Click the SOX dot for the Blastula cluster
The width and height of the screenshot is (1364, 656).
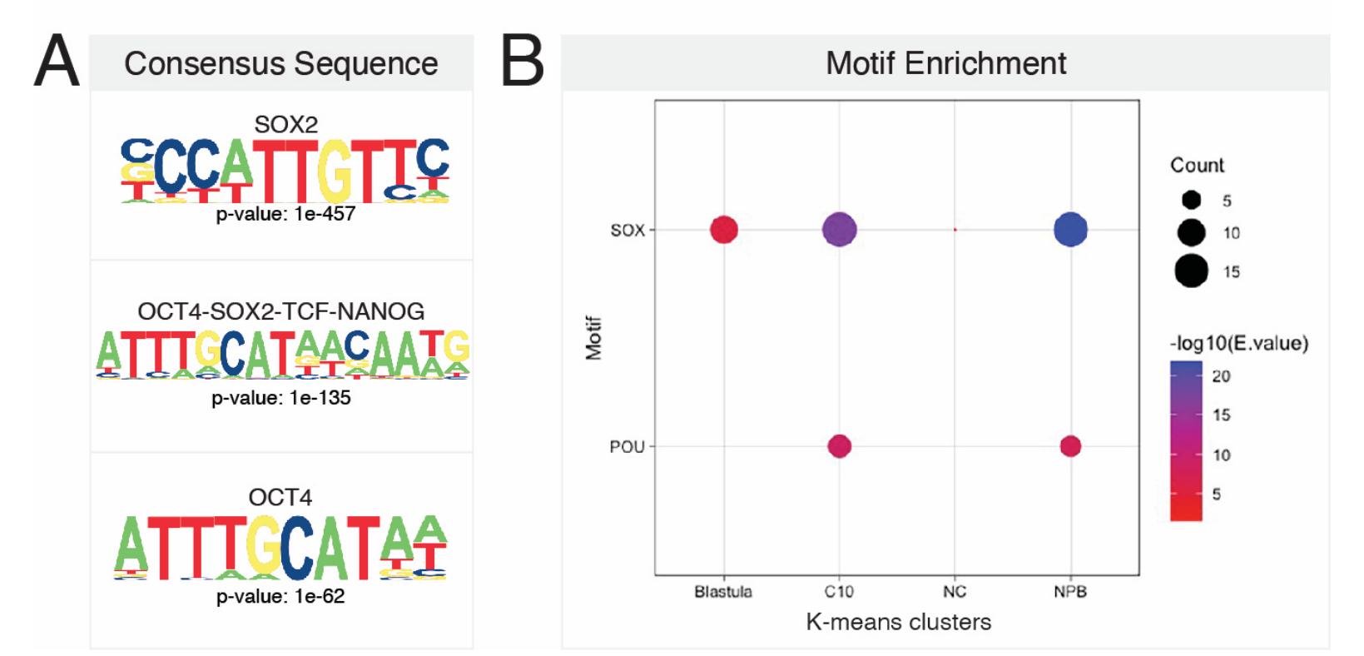[x=723, y=230]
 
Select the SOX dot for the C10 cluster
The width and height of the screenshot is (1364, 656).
[x=839, y=230]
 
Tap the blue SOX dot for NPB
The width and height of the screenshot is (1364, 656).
[x=1070, y=230]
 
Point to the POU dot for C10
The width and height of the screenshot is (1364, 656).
[x=839, y=446]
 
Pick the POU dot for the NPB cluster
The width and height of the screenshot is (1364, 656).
[x=1070, y=446]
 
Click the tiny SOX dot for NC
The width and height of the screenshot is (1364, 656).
[x=955, y=230]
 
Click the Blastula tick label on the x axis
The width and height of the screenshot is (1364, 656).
[x=723, y=592]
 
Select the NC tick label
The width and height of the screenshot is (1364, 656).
[x=955, y=592]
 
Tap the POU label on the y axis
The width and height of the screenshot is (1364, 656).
[x=627, y=447]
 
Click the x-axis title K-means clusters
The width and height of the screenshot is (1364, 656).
[x=898, y=622]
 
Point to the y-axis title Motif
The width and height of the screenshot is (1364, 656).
[x=593, y=338]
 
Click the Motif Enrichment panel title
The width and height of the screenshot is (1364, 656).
[x=945, y=63]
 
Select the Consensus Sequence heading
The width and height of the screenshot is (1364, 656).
[x=280, y=63]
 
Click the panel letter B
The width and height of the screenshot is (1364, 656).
[x=522, y=62]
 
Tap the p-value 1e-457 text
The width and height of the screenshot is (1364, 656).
[x=285, y=214]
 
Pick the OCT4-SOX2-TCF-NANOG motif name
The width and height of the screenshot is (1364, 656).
[x=280, y=311]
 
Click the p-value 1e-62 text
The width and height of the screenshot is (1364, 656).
[x=280, y=596]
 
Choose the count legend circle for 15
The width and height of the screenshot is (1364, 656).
[x=1191, y=271]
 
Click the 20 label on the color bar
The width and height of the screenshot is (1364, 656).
[x=1221, y=376]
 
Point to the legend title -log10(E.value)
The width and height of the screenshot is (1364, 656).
[x=1238, y=343]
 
